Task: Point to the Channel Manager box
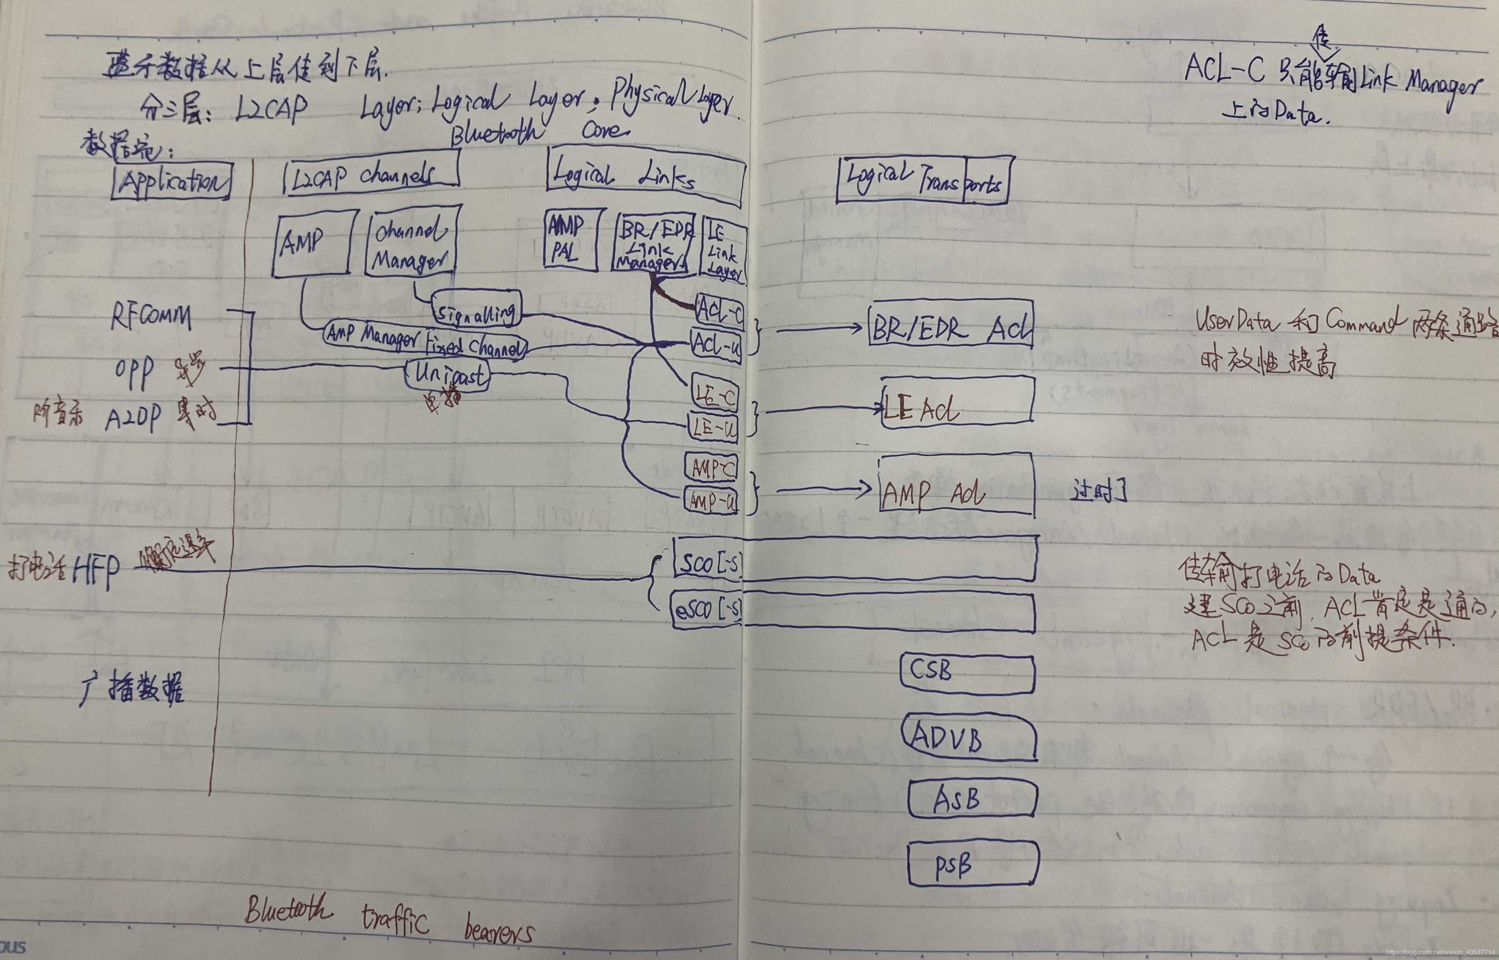[411, 243]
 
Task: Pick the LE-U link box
[713, 428]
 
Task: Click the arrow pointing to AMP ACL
[823, 489]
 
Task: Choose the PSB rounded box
[972, 863]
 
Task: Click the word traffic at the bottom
[395, 920]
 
